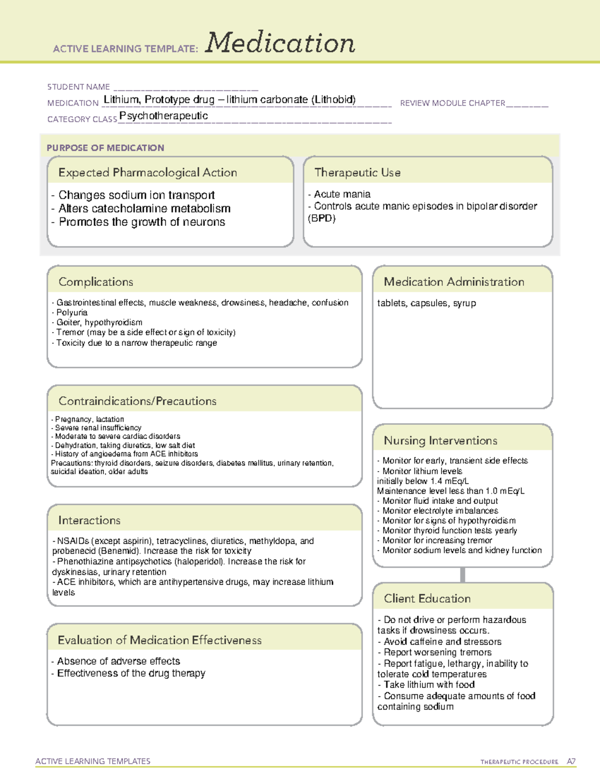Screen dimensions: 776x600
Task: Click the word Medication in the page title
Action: click(x=280, y=43)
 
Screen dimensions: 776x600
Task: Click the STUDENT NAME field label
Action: click(x=78, y=87)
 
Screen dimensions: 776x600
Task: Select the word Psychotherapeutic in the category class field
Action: click(x=163, y=116)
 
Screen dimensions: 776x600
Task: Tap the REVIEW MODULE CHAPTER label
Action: click(x=452, y=103)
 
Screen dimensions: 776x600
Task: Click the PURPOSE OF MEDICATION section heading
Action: click(x=105, y=148)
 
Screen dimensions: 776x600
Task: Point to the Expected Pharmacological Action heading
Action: click(x=147, y=172)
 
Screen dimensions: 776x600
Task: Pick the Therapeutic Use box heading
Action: click(x=357, y=172)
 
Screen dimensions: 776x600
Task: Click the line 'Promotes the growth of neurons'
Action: click(x=141, y=222)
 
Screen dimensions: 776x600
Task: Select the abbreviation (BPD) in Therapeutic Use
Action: click(x=321, y=218)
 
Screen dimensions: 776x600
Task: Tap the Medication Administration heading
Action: click(x=453, y=282)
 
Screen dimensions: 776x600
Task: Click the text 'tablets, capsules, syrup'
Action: click(x=426, y=303)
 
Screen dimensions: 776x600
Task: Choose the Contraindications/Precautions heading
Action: click(x=137, y=401)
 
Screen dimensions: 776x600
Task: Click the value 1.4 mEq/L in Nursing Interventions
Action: click(x=449, y=481)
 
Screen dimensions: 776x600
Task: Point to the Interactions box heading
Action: click(x=89, y=520)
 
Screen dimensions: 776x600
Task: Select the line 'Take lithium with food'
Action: click(x=429, y=685)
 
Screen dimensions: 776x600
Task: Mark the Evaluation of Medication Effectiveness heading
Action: click(x=159, y=640)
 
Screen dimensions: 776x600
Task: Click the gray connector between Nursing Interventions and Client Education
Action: click(x=462, y=575)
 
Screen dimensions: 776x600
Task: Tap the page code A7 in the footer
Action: click(x=570, y=762)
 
